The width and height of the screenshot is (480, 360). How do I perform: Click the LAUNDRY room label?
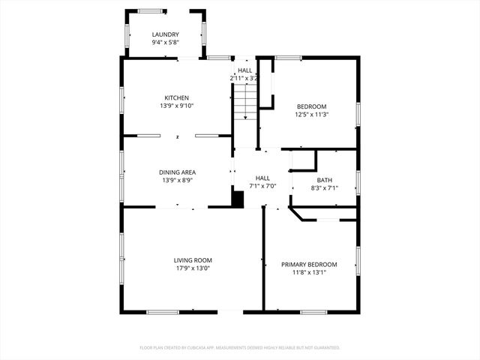[165, 34]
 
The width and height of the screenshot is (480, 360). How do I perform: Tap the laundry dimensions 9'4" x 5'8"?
[165, 43]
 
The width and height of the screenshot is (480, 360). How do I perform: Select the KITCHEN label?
[177, 97]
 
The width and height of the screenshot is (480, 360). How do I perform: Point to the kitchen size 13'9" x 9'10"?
[177, 106]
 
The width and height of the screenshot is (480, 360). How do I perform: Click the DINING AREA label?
[177, 172]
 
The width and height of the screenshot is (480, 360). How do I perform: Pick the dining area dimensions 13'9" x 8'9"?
[177, 181]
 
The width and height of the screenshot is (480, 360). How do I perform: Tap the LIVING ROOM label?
[193, 259]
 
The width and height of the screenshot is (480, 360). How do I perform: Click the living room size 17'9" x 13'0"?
[193, 268]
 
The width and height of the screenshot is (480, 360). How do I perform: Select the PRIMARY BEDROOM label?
[309, 264]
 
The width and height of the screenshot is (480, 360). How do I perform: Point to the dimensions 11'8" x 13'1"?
[309, 272]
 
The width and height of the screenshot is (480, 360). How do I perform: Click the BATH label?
[324, 180]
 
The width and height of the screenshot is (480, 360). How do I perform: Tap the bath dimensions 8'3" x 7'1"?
[324, 188]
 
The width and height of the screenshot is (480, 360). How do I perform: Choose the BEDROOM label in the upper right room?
[311, 106]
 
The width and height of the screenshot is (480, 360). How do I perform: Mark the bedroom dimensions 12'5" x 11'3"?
[311, 115]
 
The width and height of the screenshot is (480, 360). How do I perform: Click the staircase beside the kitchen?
[244, 102]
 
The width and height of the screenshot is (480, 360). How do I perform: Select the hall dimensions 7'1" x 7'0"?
[262, 186]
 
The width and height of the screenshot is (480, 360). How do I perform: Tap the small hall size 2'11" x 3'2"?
[244, 78]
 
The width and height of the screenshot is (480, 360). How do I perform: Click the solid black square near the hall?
[238, 199]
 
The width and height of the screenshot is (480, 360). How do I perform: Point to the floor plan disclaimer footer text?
[240, 347]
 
